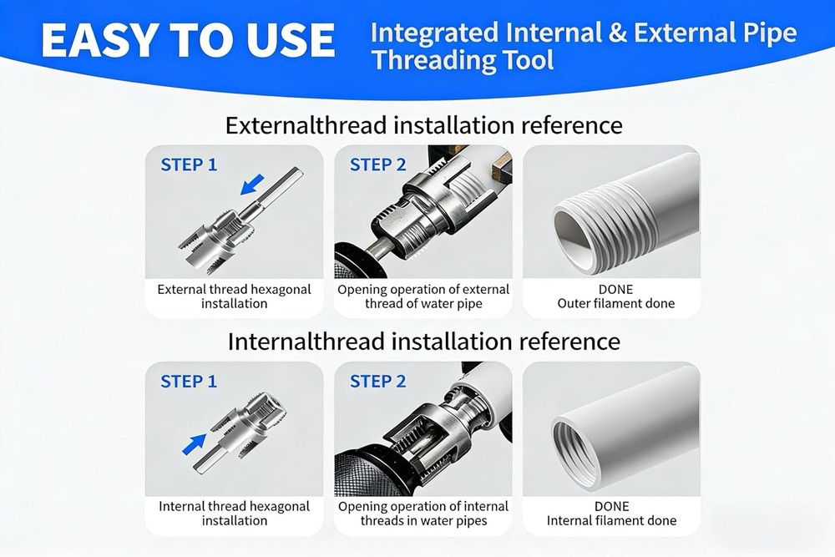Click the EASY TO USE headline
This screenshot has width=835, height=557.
[187, 39]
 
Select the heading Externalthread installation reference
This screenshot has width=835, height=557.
[423, 125]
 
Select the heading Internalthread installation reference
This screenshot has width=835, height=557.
[423, 342]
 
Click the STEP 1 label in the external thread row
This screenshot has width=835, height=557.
[188, 165]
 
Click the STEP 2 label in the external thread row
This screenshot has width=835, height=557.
[377, 165]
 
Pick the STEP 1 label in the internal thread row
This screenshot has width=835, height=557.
[188, 382]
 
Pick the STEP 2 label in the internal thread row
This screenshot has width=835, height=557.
[377, 382]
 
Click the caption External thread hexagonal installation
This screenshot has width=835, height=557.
[234, 296]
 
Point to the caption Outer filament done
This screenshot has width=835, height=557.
[615, 304]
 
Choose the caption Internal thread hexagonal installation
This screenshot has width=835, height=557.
[234, 513]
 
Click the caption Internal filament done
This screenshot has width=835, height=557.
[611, 521]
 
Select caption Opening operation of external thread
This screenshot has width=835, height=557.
[423, 296]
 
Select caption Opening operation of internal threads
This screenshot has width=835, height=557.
[423, 513]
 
